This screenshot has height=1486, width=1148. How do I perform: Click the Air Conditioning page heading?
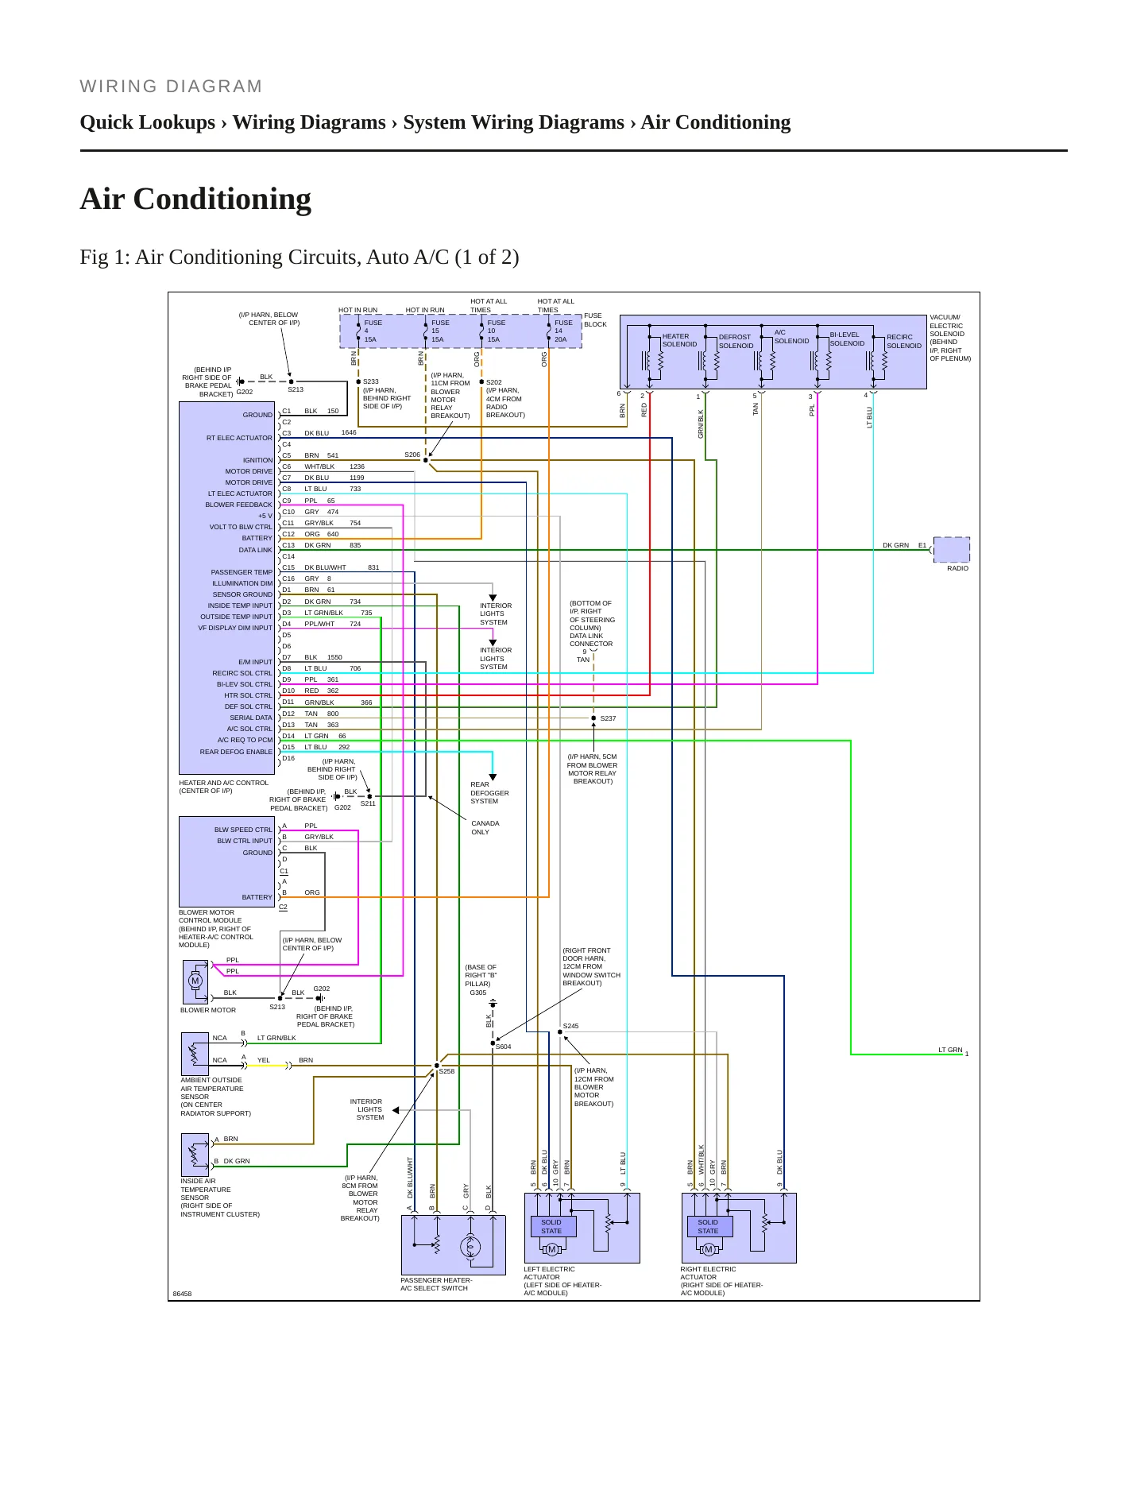tap(195, 199)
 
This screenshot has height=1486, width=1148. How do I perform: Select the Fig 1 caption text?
tap(300, 257)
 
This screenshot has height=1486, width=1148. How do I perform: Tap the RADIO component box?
tap(951, 549)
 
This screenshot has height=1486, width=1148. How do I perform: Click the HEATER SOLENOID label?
tap(679, 340)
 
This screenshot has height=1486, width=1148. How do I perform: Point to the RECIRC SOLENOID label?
tap(904, 341)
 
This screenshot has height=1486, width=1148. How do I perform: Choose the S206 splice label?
tap(412, 455)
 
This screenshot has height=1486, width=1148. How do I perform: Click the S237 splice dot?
tap(593, 718)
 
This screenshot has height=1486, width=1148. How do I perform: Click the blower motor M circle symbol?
tap(195, 981)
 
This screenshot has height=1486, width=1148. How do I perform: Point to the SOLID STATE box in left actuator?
tap(553, 1226)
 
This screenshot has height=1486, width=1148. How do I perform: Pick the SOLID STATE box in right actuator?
tap(709, 1226)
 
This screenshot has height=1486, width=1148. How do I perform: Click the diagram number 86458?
tap(183, 1294)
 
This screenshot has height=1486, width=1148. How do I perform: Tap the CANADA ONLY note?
tap(485, 827)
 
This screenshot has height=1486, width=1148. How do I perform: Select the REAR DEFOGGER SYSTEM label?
tap(489, 792)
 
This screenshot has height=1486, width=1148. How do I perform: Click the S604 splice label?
tap(504, 1047)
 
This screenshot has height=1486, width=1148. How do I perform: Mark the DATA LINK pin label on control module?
tap(255, 550)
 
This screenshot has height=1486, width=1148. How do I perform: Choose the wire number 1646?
tap(349, 432)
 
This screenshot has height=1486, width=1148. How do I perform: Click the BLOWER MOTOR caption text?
tap(208, 1010)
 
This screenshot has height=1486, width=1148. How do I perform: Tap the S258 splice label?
tap(447, 1071)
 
